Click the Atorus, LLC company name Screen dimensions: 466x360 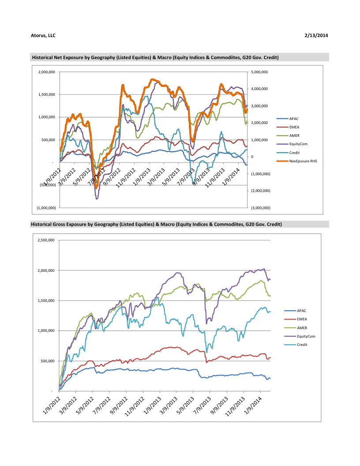43,35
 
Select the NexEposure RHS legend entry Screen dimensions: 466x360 303,162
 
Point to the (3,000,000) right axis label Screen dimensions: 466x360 260,208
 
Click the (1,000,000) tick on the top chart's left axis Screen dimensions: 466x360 46,208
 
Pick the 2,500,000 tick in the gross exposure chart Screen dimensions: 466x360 46,240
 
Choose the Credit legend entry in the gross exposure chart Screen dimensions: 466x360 301,344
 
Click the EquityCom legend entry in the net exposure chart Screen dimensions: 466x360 298,144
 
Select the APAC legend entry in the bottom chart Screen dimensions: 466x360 301,311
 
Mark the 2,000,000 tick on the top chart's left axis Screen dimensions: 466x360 46,72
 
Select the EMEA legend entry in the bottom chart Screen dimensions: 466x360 302,319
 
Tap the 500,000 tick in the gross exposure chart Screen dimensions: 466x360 48,361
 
